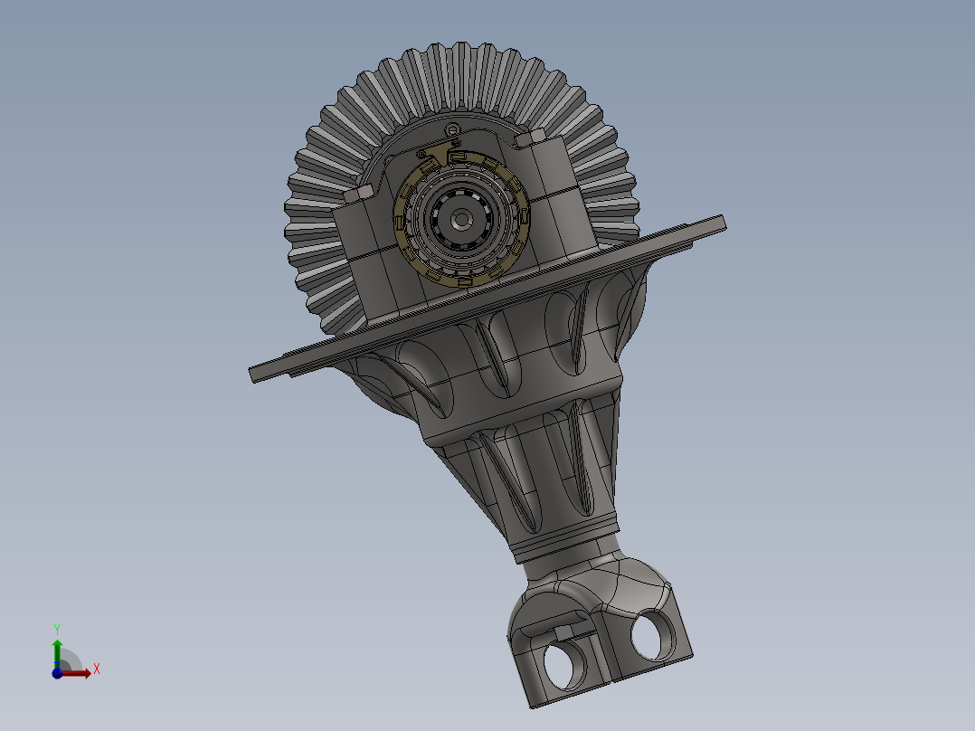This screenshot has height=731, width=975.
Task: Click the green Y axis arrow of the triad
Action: click(x=57, y=650)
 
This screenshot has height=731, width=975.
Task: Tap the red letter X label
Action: click(x=96, y=669)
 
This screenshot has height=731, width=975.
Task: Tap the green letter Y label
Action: click(x=57, y=628)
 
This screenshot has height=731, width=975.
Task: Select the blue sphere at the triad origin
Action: click(x=57, y=672)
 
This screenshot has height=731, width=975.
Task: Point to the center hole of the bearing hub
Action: click(x=461, y=218)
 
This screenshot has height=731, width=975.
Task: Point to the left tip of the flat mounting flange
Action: click(x=254, y=374)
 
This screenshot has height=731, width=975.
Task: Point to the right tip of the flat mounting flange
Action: click(x=722, y=221)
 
